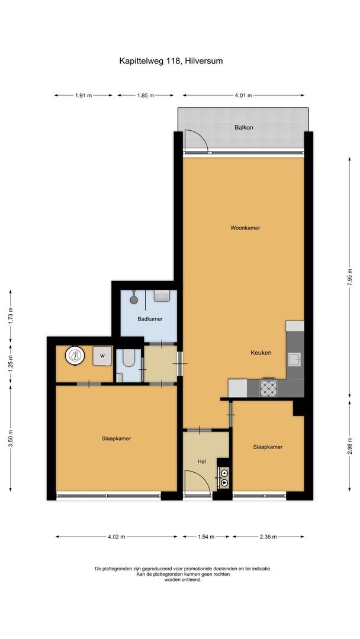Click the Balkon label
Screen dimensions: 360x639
pos(243,127)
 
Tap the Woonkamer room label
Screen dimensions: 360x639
pos(245,228)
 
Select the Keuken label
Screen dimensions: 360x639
pos(261,353)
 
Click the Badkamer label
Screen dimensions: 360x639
pos(150,319)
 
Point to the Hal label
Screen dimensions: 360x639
pos(201,461)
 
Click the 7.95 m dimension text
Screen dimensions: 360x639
pos(349,278)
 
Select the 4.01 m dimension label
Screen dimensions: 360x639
pos(243,95)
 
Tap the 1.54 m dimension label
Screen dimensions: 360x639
pos(206,537)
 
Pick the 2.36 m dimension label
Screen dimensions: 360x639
pos(268,537)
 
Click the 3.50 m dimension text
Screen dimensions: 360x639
pos(10,438)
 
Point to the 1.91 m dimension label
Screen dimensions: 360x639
pos(83,95)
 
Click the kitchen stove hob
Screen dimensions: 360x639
pos(268,388)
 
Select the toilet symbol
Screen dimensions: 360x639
pos(129,357)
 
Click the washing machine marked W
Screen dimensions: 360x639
pos(102,356)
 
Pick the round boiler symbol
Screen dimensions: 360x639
pos(75,356)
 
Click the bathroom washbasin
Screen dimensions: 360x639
pos(162,295)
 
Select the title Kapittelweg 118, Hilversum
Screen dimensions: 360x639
pos(171,61)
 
